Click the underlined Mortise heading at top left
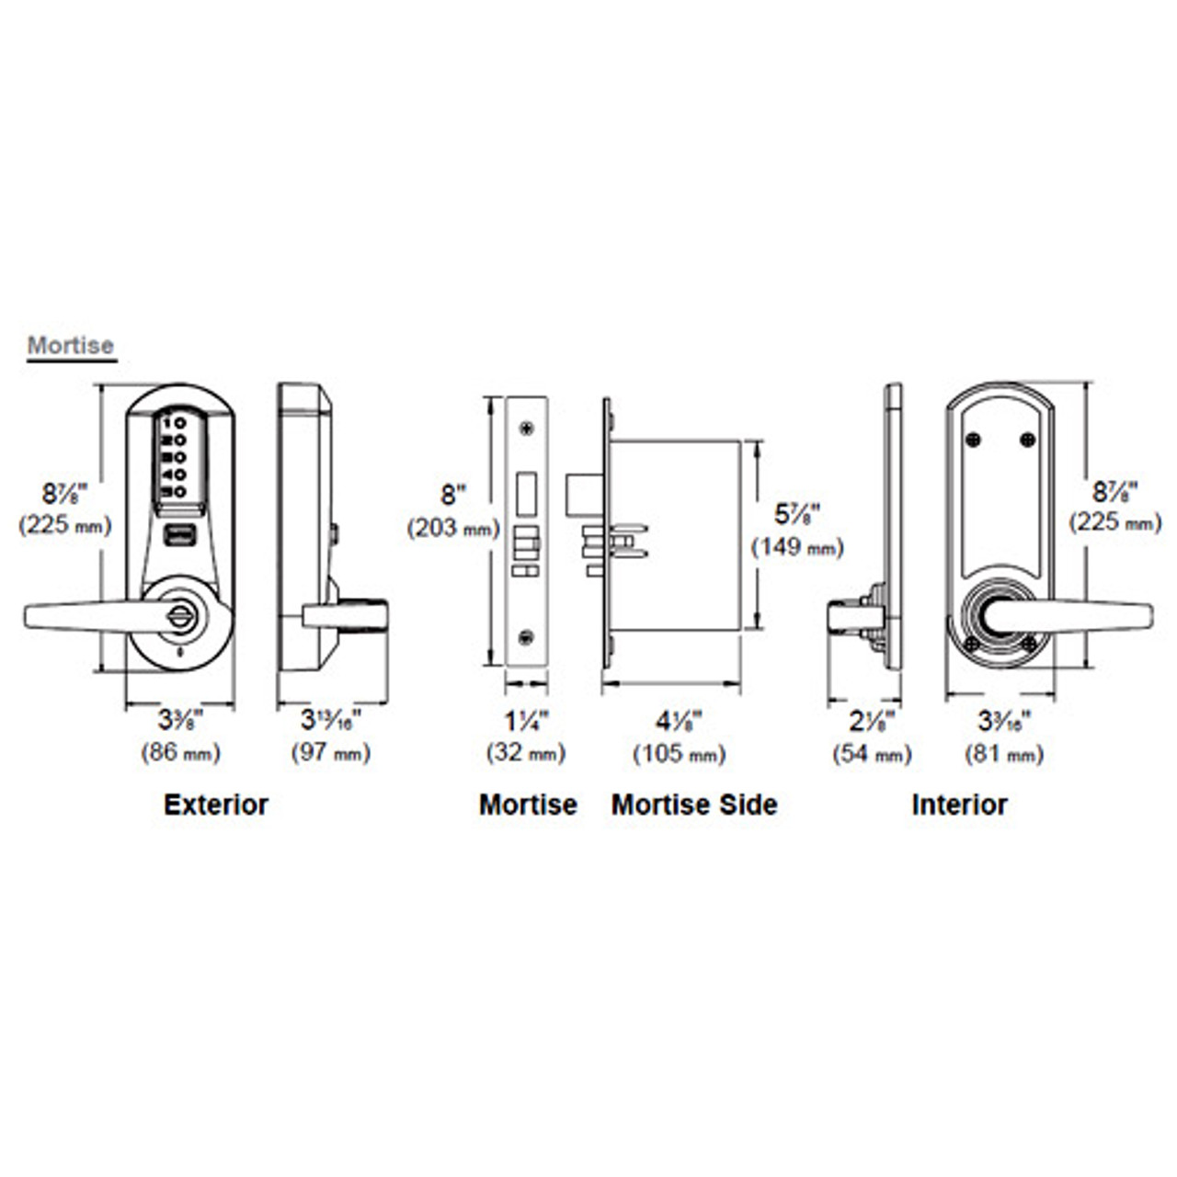coord(71,347)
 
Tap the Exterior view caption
coord(216,805)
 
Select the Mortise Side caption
coord(694,805)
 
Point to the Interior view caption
coord(959,805)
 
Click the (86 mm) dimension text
coord(180,753)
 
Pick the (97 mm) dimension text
coord(331,753)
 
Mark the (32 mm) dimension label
coord(526,754)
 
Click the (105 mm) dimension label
coord(679,754)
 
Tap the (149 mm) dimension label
coord(797,547)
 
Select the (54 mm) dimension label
coord(872,754)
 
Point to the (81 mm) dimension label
coord(1004,754)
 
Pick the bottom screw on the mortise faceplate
coord(526,636)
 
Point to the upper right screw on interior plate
coord(1026,441)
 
